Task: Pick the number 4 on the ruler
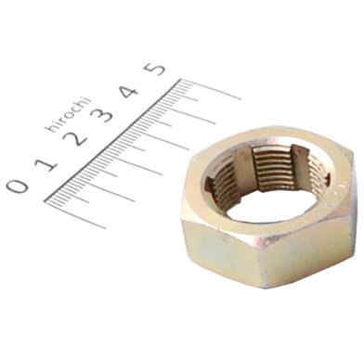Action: point(130,91)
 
